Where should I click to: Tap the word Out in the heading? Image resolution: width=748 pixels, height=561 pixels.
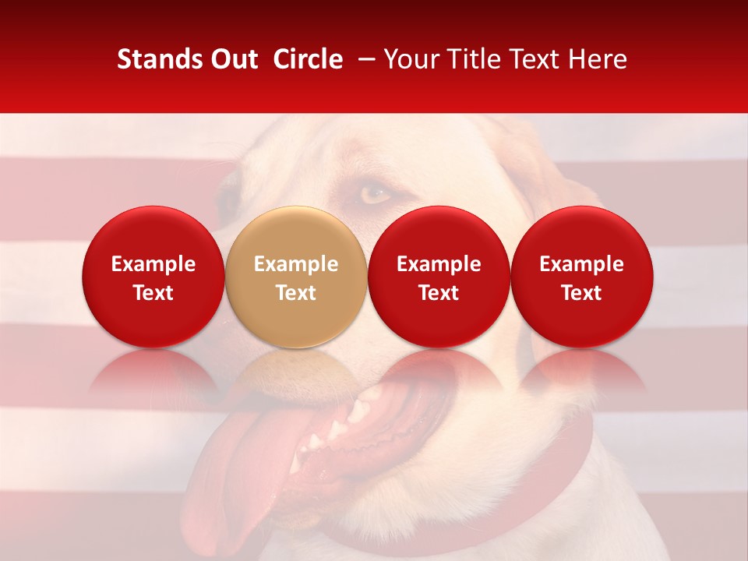(x=232, y=60)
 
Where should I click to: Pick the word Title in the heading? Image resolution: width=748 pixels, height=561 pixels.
(x=475, y=60)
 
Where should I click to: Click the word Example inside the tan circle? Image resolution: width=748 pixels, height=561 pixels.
(x=296, y=264)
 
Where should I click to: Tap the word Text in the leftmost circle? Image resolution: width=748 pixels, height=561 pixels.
(x=153, y=293)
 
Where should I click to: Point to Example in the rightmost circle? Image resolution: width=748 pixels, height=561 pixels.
(x=582, y=264)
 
